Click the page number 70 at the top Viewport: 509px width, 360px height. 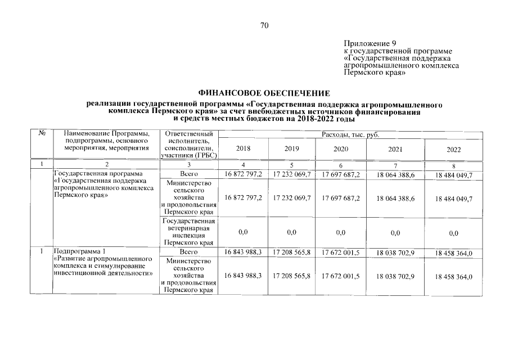pyautogui.click(x=265, y=25)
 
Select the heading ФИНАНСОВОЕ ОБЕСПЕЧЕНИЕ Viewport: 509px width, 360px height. pyautogui.click(x=264, y=92)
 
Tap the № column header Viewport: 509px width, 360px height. pyautogui.click(x=42, y=134)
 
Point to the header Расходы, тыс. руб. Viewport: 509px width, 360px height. pyautogui.click(x=350, y=134)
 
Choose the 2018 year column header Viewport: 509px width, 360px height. pyautogui.click(x=244, y=149)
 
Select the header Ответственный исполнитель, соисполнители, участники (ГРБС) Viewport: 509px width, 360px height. pyautogui.click(x=187, y=145)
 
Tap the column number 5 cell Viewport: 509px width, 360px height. pyautogui.click(x=292, y=165)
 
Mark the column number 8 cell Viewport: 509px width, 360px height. pyautogui.click(x=453, y=165)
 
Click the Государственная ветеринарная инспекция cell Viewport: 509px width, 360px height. pyautogui.click(x=187, y=232)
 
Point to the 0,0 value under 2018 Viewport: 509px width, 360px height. pyautogui.click(x=244, y=232)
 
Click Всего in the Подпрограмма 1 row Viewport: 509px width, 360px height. pyautogui.click(x=187, y=253)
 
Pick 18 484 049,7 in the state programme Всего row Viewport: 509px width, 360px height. pyautogui.click(x=453, y=175)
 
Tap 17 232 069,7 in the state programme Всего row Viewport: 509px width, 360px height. pyautogui.click(x=292, y=174)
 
